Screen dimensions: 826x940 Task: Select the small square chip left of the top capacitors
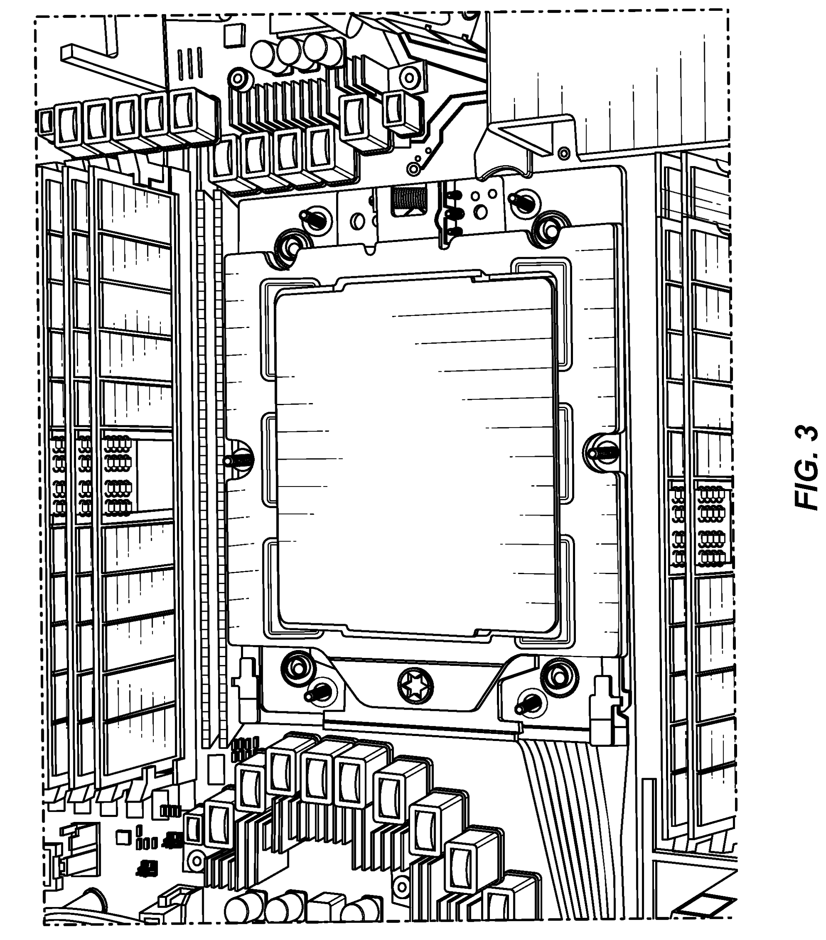(x=235, y=35)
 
